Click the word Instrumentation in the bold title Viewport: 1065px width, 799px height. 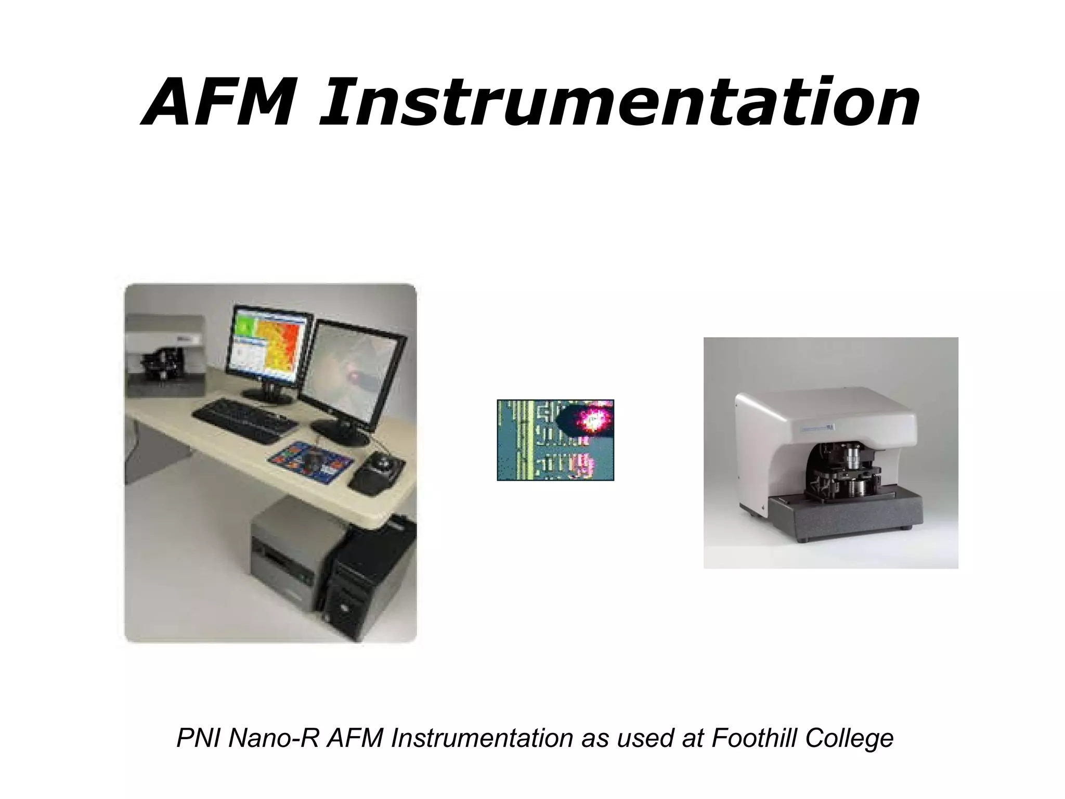[619, 102]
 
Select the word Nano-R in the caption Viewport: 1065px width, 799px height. [274, 738]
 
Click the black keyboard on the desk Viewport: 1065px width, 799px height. [244, 420]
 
